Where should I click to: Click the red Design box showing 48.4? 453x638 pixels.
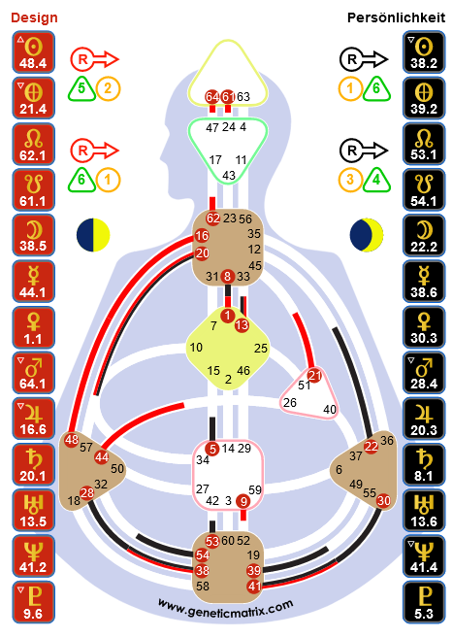pyautogui.click(x=33, y=52)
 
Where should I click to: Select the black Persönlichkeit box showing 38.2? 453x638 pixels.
pyautogui.click(x=424, y=52)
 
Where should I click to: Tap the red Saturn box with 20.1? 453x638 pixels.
pyautogui.click(x=33, y=464)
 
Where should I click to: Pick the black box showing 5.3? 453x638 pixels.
pyautogui.click(x=424, y=602)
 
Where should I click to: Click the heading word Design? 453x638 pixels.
pyautogui.click(x=34, y=17)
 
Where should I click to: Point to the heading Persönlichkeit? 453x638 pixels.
pyautogui.click(x=396, y=17)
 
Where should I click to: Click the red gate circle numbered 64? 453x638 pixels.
pyautogui.click(x=211, y=97)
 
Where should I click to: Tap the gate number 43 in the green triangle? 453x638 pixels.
pyautogui.click(x=229, y=176)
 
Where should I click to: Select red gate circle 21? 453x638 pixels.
pyautogui.click(x=314, y=375)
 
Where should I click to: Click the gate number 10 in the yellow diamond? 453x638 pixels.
pyautogui.click(x=196, y=347)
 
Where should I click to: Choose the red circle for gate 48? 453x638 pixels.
pyautogui.click(x=72, y=440)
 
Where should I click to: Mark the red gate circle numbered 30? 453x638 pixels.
pyautogui.click(x=383, y=500)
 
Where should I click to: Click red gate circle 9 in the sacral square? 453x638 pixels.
pyautogui.click(x=243, y=501)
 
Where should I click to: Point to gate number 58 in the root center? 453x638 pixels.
pyautogui.click(x=203, y=586)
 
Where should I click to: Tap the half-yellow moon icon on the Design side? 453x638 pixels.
pyautogui.click(x=93, y=235)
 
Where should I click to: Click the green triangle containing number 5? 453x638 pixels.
pyautogui.click(x=81, y=88)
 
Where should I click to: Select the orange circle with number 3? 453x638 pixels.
pyautogui.click(x=350, y=180)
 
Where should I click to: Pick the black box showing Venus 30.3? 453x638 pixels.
pyautogui.click(x=424, y=327)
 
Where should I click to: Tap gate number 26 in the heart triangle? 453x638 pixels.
pyautogui.click(x=290, y=402)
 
